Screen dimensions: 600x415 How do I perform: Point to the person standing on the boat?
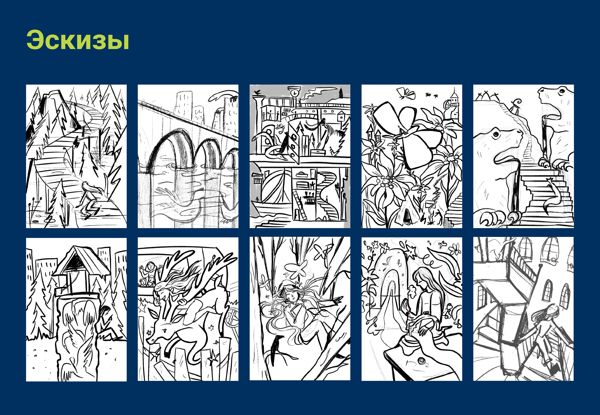(x=257, y=199)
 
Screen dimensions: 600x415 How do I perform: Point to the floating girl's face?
(x=292, y=297)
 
